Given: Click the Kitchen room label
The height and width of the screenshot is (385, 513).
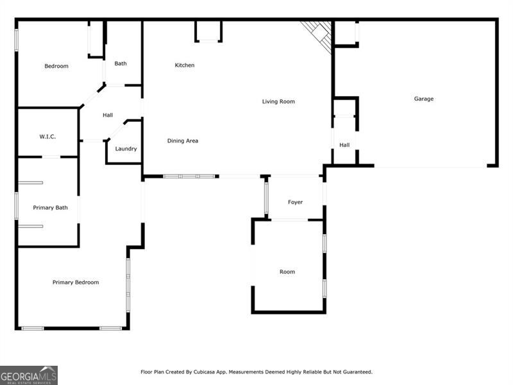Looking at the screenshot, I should [x=185, y=65].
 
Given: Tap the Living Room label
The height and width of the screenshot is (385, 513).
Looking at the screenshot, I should [x=278, y=101].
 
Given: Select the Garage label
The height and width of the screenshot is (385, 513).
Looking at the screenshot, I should [x=423, y=99].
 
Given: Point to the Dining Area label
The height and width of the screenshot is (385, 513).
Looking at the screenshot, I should [x=183, y=141].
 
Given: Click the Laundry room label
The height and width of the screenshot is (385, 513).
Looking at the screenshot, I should [x=126, y=149].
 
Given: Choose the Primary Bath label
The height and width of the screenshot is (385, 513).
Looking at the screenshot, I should [x=51, y=207].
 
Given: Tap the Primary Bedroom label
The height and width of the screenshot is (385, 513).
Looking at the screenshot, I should [x=76, y=282].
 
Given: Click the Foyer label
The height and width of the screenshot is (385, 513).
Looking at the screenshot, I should [x=295, y=202].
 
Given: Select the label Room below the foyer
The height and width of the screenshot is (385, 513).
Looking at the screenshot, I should [x=287, y=272].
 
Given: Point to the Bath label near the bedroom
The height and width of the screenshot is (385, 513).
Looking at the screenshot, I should [x=121, y=64].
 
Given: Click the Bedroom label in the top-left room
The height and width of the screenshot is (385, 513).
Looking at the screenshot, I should [x=56, y=66].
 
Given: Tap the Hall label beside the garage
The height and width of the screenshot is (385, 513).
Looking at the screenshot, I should [x=344, y=145].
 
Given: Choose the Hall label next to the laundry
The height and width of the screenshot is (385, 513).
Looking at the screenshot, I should [x=108, y=116].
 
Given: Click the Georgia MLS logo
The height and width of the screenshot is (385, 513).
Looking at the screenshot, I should [x=29, y=375].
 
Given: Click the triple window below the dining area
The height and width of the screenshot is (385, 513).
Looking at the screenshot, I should [x=189, y=176].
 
